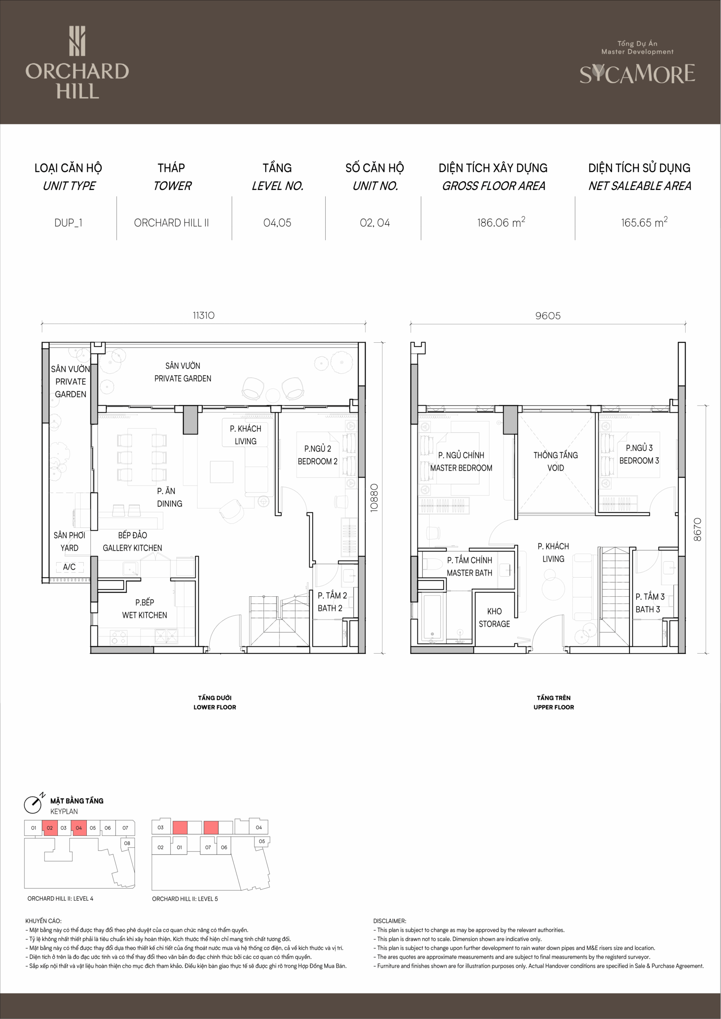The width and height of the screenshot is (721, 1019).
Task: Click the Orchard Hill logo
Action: tap(77, 62)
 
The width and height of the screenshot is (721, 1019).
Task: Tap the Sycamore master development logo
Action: tap(637, 63)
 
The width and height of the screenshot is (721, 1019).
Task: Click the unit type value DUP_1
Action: tap(68, 223)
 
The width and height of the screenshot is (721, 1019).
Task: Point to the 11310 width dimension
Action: tap(204, 315)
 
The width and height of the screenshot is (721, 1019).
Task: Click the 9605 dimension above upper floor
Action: tap(548, 316)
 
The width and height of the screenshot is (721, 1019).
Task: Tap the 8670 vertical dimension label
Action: tap(698, 529)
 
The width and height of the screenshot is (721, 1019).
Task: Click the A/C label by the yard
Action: tap(69, 567)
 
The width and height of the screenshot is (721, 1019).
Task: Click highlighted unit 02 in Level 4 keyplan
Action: tap(50, 828)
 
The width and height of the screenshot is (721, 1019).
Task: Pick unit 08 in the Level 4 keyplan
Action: tap(127, 843)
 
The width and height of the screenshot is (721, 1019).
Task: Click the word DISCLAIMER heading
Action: tap(389, 921)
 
